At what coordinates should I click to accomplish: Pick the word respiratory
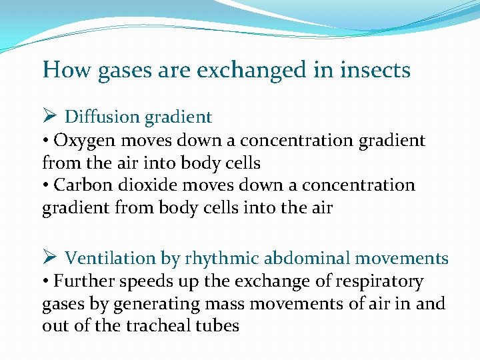pyautogui.click(x=384, y=282)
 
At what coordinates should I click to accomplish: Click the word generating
pyautogui.click(x=149, y=305)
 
